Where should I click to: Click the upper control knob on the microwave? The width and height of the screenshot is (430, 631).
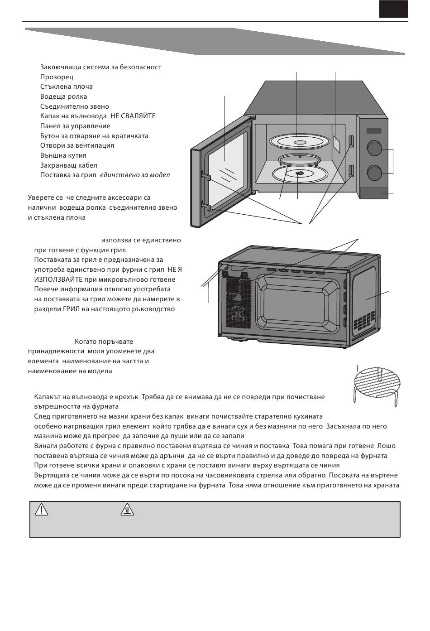[x=374, y=148]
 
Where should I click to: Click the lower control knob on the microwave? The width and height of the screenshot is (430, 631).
[x=374, y=173]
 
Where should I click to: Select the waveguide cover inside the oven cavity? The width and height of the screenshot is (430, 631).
[x=336, y=143]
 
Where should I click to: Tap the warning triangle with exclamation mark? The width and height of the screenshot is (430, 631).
[x=41, y=510]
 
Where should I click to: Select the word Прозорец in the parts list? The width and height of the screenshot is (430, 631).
[x=57, y=77]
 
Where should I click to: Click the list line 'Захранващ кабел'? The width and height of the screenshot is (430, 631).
[x=68, y=165]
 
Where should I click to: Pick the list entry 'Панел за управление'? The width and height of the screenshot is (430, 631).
[x=75, y=126]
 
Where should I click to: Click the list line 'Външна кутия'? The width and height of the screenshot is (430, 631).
[x=63, y=155]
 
